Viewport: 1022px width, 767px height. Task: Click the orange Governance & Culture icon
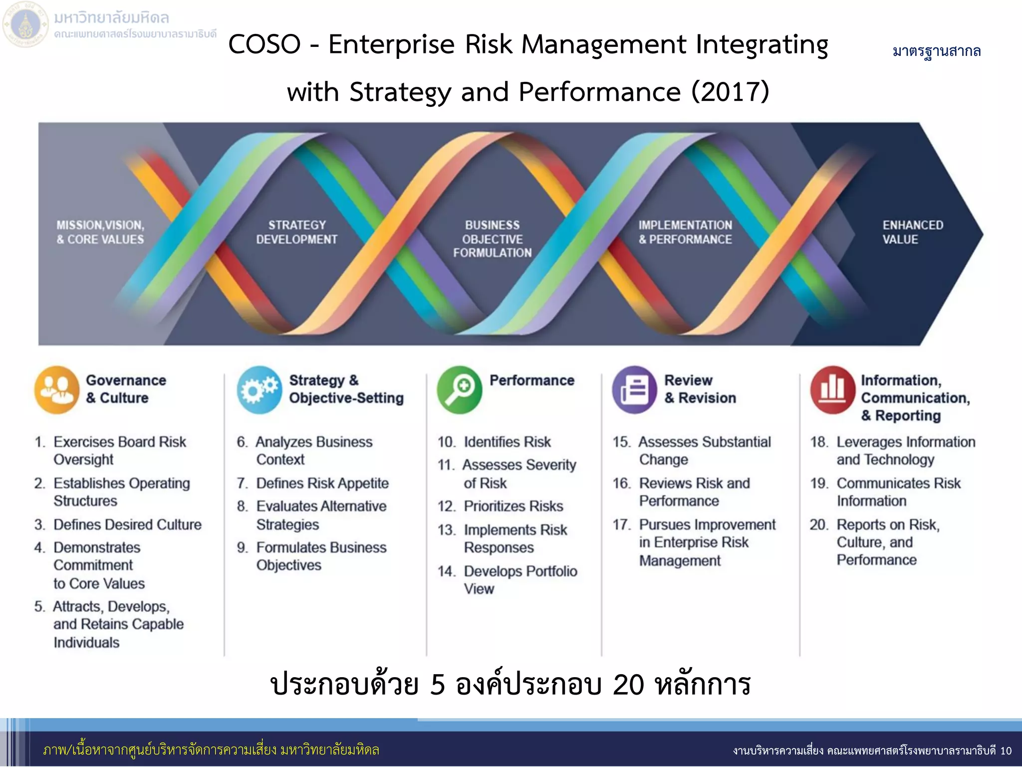tap(56, 390)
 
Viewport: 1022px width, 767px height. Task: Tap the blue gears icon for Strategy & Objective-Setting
tap(259, 390)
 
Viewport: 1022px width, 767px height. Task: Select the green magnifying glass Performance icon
tap(459, 390)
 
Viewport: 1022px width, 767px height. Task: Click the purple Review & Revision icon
tap(634, 390)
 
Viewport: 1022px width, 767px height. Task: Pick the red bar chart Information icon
tap(832, 390)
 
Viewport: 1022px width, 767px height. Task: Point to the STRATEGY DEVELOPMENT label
tap(296, 232)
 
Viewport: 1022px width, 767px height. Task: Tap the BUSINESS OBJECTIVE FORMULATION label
tap(492, 239)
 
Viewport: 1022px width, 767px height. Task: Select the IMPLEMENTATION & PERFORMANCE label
tap(685, 232)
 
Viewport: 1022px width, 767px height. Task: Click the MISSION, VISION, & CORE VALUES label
tap(100, 232)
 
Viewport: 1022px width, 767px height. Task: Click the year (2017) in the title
tap(730, 92)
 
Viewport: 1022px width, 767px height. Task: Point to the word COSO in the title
tap(264, 44)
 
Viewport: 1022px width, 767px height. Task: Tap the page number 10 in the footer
tap(1006, 751)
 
